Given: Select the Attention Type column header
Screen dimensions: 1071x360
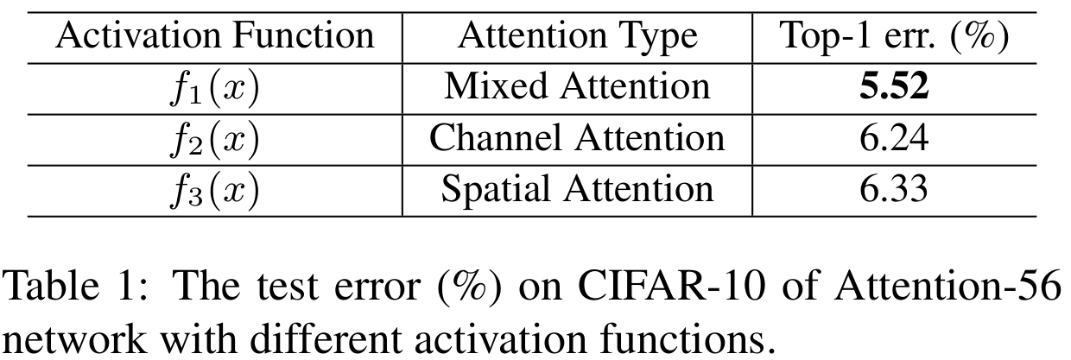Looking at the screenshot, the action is pos(577,36).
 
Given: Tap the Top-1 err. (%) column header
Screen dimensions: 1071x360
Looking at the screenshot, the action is pos(894,36).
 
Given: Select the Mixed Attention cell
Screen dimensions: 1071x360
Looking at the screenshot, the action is pos(577,86).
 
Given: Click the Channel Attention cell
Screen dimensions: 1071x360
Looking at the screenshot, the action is pos(577,137).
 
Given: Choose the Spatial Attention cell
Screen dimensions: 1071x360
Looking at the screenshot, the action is pos(577,188).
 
